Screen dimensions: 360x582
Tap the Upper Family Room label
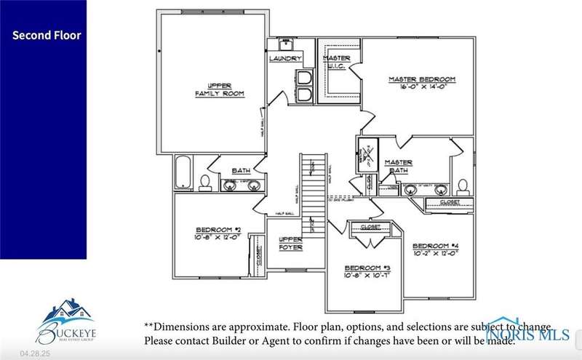[x=219, y=89]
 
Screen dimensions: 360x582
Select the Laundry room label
[x=285, y=58]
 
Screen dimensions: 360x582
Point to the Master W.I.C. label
[x=336, y=63]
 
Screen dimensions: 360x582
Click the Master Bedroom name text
[x=421, y=79]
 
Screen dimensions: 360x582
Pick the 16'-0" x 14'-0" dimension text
[x=421, y=87]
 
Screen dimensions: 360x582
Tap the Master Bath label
[x=398, y=167]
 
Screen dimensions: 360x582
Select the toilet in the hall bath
[x=205, y=181]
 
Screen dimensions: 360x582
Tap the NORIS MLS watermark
[x=529, y=335]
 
